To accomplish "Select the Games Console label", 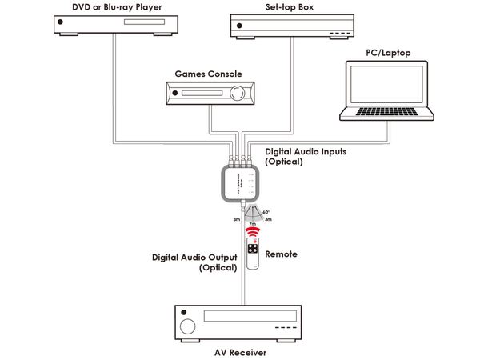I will click(x=209, y=74).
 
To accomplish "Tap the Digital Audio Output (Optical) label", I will click(x=194, y=263).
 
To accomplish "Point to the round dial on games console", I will click(x=237, y=93).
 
